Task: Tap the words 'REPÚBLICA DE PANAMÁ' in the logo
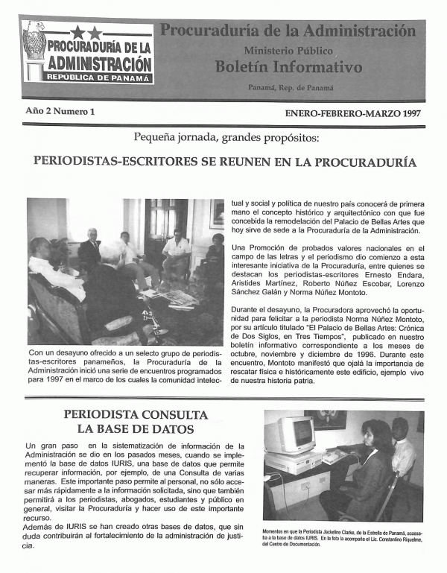tap(99, 77)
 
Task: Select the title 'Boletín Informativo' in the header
tap(288, 67)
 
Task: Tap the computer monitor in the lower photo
tap(291, 434)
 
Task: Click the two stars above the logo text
tap(86, 32)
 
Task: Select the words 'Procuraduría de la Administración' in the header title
tap(288, 31)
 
